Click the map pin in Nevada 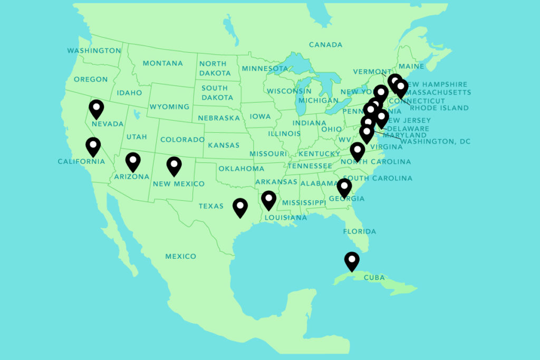pyautogui.click(x=96, y=109)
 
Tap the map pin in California pyautogui.click(x=93, y=146)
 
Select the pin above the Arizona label pyautogui.click(x=133, y=161)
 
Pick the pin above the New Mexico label pyautogui.click(x=174, y=166)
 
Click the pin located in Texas pyautogui.click(x=240, y=207)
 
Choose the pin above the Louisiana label pyautogui.click(x=269, y=200)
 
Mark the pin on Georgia pyautogui.click(x=344, y=187)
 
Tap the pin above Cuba pyautogui.click(x=352, y=261)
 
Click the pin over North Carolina pyautogui.click(x=358, y=151)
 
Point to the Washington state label pyautogui.click(x=94, y=51)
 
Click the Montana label pyautogui.click(x=162, y=63)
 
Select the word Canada pyautogui.click(x=325, y=45)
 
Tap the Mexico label pyautogui.click(x=180, y=257)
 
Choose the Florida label pyautogui.click(x=359, y=231)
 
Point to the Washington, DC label pyautogui.click(x=435, y=142)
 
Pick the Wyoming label pyautogui.click(x=169, y=107)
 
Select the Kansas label pyautogui.click(x=224, y=145)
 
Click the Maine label pyautogui.click(x=411, y=66)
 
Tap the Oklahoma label pyautogui.click(x=241, y=169)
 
